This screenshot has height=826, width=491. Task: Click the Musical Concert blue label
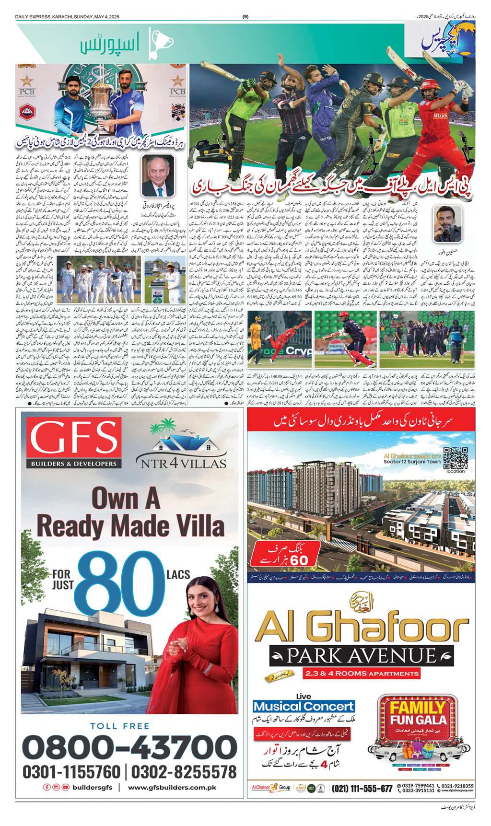pyautogui.click(x=304, y=706)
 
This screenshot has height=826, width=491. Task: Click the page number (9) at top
pyautogui.click(x=245, y=17)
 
